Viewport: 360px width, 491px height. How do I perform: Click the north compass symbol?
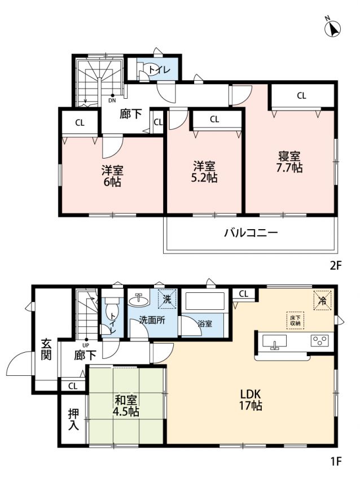coord(332,28)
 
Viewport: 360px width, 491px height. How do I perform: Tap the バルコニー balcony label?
coord(251,233)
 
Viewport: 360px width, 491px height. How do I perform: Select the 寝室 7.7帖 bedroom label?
coord(289,162)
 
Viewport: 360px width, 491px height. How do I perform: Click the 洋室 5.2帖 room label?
coord(204,172)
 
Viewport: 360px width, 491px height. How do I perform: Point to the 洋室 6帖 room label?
coord(112,176)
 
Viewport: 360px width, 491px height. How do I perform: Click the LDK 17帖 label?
coord(251,400)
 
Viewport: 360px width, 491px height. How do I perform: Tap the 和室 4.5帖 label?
coord(126,406)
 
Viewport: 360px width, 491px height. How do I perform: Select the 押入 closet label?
coord(73,419)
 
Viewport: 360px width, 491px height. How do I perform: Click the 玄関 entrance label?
coord(46,349)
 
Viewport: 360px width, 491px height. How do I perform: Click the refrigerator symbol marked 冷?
coord(322,300)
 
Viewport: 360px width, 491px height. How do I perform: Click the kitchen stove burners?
coord(319,340)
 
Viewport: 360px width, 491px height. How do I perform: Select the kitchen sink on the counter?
coord(275,341)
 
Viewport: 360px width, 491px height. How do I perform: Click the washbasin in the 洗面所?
coord(138,300)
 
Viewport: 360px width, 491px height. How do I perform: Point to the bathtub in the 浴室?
coord(205,301)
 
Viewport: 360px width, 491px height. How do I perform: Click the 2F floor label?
coord(335,266)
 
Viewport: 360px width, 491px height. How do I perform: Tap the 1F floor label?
coord(335,461)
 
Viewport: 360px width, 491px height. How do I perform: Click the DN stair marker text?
coord(112,100)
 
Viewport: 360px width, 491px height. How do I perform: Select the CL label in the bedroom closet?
coord(301,96)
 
